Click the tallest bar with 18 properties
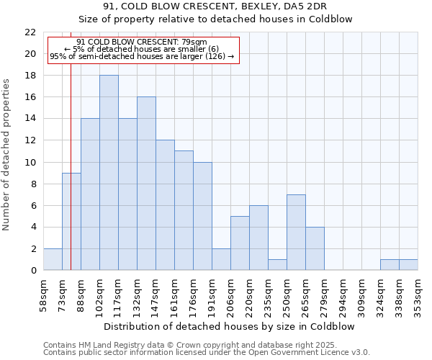coord(109,173)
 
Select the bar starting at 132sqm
coord(146,184)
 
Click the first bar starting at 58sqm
coord(53,259)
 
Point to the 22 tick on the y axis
coord(30,32)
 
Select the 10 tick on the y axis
coord(30,162)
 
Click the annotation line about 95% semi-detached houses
coord(142,56)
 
